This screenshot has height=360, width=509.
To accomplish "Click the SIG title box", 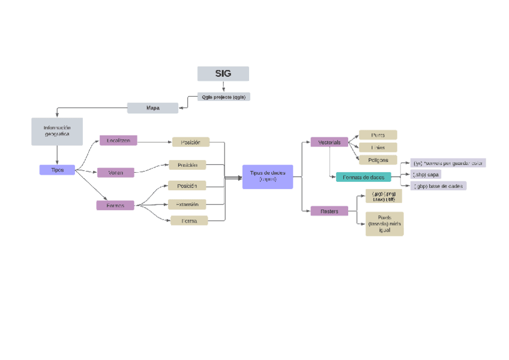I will [223, 74].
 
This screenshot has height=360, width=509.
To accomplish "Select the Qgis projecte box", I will [223, 97].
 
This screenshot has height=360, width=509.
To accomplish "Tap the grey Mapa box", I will [152, 108].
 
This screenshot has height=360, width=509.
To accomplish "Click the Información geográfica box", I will [57, 131].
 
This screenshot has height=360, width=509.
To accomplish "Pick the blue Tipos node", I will [57, 170].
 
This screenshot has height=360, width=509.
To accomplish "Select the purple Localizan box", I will [118, 140].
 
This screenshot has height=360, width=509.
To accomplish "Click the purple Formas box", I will [115, 205].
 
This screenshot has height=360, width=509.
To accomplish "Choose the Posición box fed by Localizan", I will [190, 142].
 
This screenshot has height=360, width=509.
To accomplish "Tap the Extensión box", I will [187, 204].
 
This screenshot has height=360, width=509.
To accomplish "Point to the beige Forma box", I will [189, 221].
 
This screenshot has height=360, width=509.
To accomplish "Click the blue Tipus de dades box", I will [268, 176].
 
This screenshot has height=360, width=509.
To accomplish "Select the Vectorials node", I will [329, 142].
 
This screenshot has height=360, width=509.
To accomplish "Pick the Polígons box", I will [378, 160].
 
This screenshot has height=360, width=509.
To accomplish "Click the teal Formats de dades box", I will [363, 177].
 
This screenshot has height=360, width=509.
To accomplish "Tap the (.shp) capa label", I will [426, 175].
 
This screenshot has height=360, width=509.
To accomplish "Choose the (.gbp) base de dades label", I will [438, 186].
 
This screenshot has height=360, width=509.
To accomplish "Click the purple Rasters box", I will [329, 211].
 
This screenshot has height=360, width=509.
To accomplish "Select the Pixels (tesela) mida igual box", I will [384, 224].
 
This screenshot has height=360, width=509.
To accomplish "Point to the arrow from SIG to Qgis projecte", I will [223, 87].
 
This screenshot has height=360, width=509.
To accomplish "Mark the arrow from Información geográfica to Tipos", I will [57, 155].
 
